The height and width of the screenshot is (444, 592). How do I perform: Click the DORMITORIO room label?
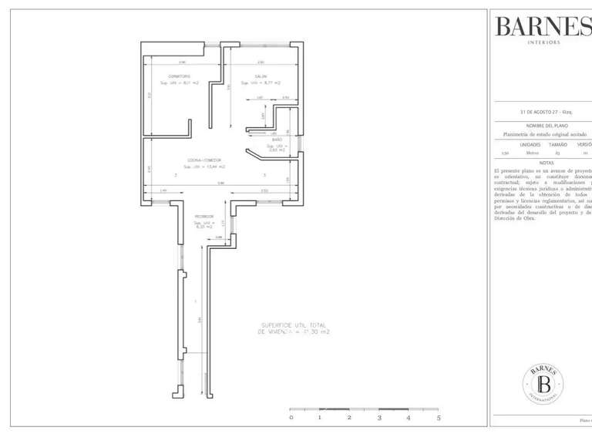coord(180,76)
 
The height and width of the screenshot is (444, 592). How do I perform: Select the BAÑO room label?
coord(277,140)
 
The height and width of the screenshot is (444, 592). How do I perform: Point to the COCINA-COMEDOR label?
coord(204,160)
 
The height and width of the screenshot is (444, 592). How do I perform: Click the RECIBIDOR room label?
coord(204,217)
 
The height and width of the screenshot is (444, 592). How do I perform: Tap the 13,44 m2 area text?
coord(204,166)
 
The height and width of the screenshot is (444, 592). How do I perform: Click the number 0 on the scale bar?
coord(291,417)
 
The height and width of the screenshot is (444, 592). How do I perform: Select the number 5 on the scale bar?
coord(438,417)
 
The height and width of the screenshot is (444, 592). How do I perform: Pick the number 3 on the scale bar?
coord(379,417)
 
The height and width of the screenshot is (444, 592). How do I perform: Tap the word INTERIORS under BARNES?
coord(543,42)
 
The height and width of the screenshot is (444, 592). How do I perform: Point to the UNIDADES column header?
coord(530,144)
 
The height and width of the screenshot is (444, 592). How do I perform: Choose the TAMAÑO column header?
coord(557,144)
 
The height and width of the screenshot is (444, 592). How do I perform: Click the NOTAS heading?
coord(547,163)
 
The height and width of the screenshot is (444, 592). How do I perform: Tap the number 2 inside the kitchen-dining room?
coord(176,175)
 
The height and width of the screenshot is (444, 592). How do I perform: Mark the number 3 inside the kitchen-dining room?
coord(264,175)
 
